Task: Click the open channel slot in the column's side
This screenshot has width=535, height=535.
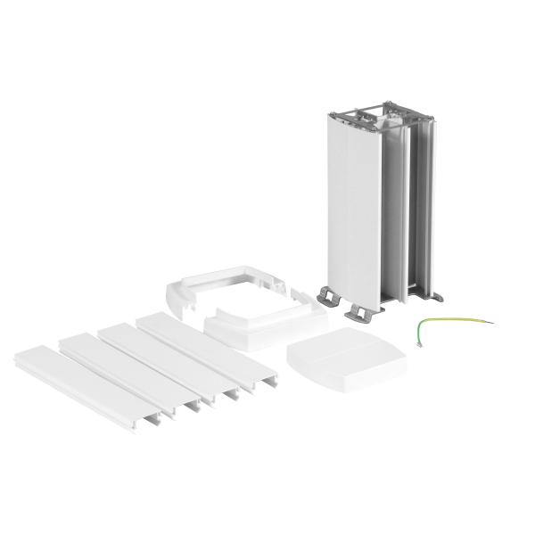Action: [397, 214]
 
